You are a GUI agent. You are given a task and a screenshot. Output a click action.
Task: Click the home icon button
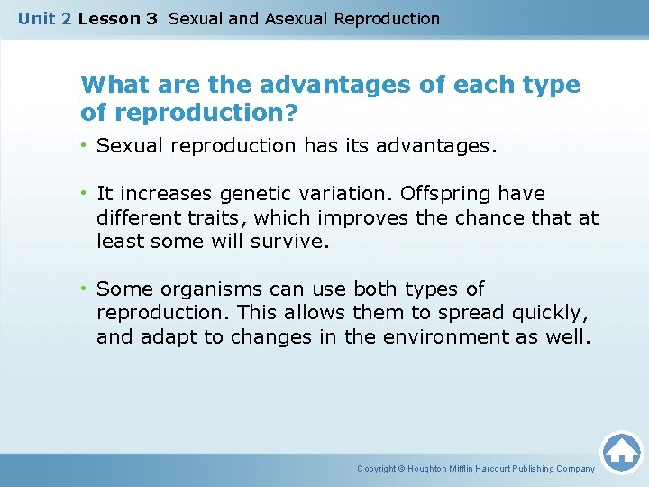(x=621, y=451)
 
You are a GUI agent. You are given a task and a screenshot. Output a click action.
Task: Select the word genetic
(x=249, y=194)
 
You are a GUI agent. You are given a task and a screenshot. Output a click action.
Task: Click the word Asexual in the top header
(x=297, y=18)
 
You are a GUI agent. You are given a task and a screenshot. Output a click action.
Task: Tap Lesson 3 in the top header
(x=118, y=18)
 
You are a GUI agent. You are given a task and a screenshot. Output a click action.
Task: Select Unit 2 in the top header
(x=44, y=18)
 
